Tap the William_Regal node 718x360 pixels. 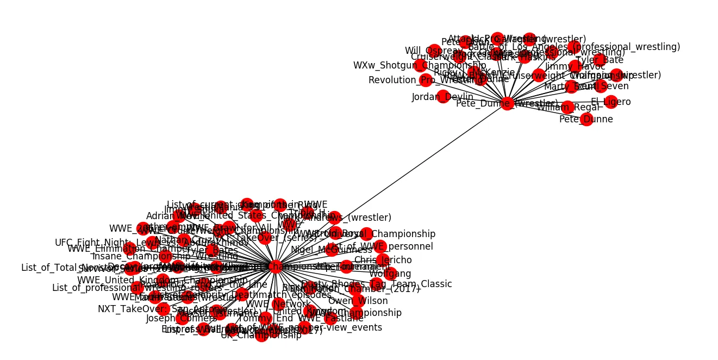tap(567, 107)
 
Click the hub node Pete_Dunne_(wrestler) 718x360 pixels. tap(507, 103)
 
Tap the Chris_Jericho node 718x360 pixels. tap(383, 260)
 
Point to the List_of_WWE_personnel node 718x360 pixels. tap(380, 246)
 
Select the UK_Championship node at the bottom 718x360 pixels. tap(261, 336)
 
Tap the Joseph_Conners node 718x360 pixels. tap(183, 319)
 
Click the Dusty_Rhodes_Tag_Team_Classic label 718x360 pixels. tap(376, 284)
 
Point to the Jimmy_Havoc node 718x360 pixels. tap(576, 66)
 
